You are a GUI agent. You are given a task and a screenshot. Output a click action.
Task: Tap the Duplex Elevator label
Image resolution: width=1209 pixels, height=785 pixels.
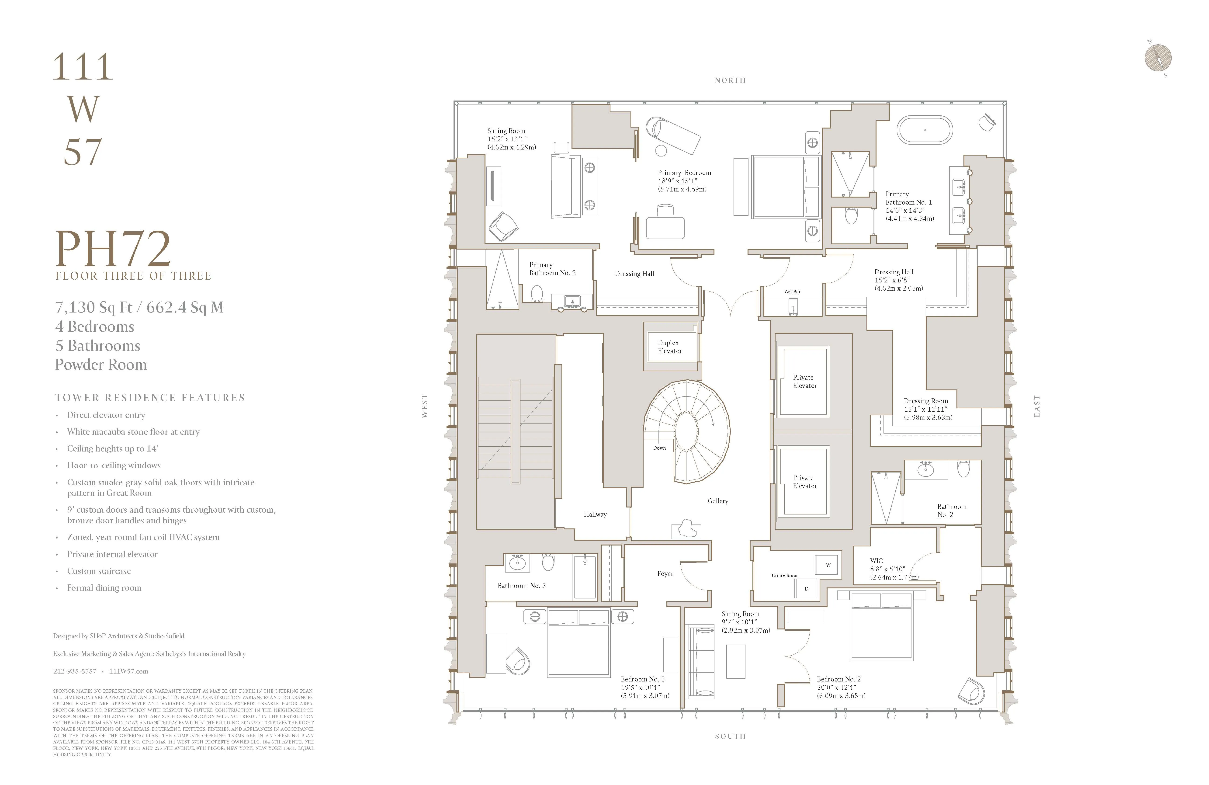669,347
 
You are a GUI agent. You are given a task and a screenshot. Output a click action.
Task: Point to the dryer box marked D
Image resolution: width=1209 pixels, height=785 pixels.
806,588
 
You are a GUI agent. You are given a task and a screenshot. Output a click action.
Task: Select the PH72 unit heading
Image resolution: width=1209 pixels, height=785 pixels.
113,249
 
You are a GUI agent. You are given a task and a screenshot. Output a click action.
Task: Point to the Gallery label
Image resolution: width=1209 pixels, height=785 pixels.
718,501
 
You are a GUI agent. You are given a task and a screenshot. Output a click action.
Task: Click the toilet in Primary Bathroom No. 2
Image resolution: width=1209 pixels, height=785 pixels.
537,293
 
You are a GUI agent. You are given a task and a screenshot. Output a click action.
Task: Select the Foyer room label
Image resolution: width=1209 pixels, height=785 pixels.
665,574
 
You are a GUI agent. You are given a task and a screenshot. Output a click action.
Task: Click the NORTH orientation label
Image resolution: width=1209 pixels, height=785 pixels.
730,80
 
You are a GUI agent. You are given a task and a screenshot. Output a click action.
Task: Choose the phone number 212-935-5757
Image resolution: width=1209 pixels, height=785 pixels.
75,671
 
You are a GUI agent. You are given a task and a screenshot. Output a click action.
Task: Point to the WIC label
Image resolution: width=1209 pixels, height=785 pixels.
876,561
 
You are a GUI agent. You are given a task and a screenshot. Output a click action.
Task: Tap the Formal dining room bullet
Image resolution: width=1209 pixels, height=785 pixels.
104,588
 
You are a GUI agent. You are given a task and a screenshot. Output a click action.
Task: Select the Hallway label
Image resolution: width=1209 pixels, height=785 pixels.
595,514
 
